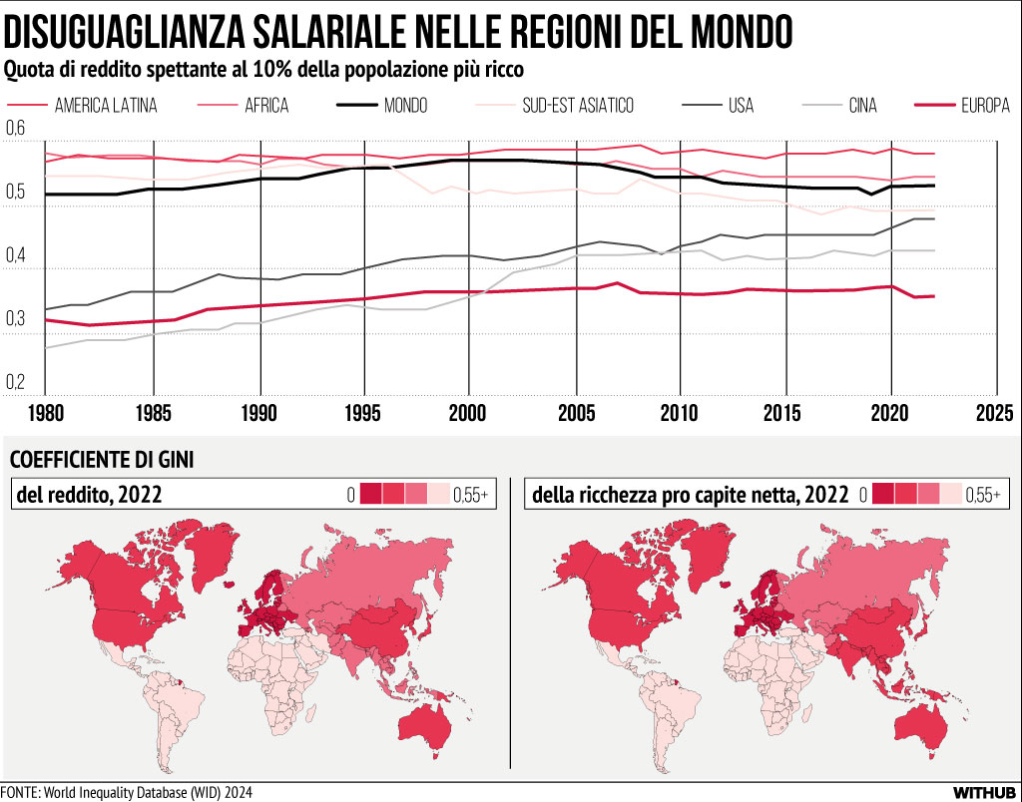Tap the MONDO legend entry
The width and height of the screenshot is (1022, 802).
405,106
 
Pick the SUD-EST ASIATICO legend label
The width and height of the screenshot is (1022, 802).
577,106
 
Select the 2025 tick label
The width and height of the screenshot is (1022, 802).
994,411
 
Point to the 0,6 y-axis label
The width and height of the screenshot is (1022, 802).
15,130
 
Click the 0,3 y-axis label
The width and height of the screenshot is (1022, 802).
15,318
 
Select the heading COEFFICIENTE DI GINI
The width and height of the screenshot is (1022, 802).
101,460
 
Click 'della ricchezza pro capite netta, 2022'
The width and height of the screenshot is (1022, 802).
690,493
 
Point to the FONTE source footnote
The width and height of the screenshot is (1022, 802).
127,792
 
